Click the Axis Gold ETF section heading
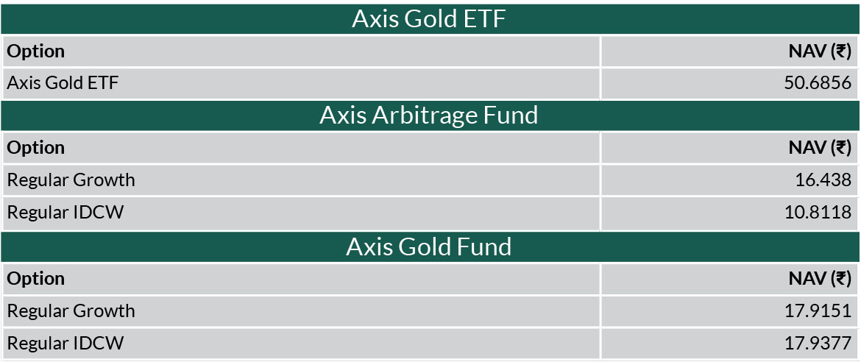pyautogui.click(x=429, y=19)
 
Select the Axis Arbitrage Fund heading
pyautogui.click(x=429, y=116)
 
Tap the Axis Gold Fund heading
pyautogui.click(x=429, y=246)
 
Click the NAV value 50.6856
pyautogui.click(x=818, y=83)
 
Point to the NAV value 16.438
pyautogui.click(x=823, y=180)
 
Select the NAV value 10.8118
pyautogui.click(x=818, y=212)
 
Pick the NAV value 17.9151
pyautogui.click(x=818, y=311)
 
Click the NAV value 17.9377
pyautogui.click(x=818, y=344)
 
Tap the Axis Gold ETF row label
pyautogui.click(x=63, y=83)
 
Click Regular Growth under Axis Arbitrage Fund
pyautogui.click(x=71, y=180)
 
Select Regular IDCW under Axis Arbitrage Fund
pyautogui.click(x=65, y=212)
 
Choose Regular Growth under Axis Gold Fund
pyautogui.click(x=71, y=311)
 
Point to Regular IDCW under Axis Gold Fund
pyautogui.click(x=65, y=344)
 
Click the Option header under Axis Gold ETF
pyautogui.click(x=36, y=52)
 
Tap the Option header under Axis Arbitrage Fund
pyautogui.click(x=36, y=149)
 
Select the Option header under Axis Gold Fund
pyautogui.click(x=36, y=279)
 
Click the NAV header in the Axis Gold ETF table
pyautogui.click(x=821, y=52)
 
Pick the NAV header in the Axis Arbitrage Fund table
pyautogui.click(x=821, y=149)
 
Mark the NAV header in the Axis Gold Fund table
pyautogui.click(x=821, y=279)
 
